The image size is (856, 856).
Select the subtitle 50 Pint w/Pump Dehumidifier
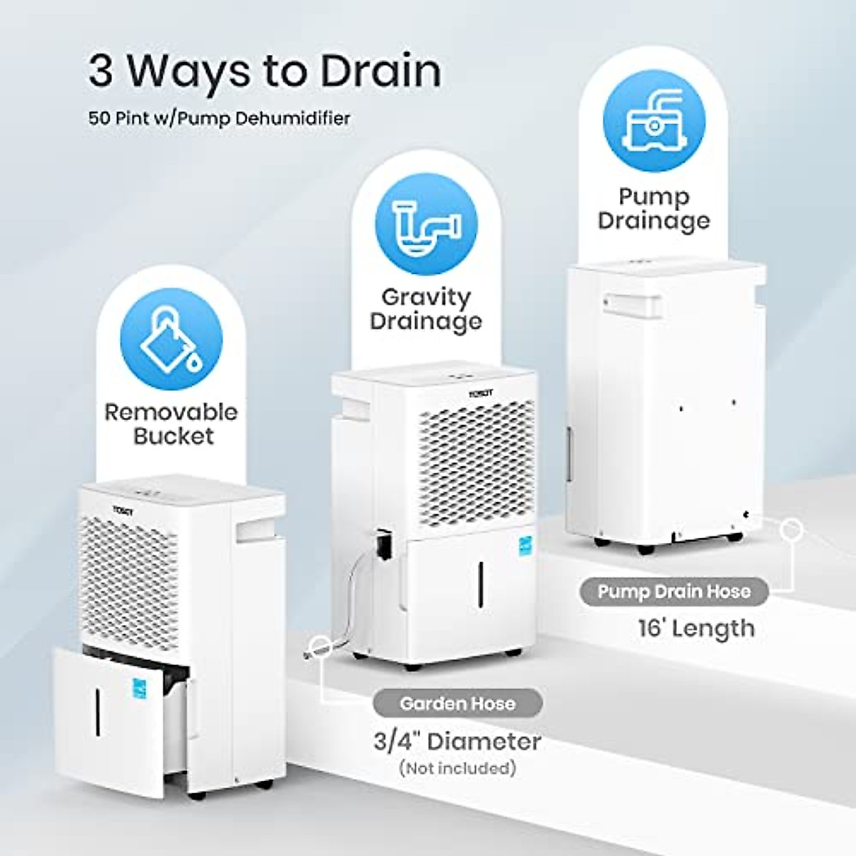(x=220, y=118)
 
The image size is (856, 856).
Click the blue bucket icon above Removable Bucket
(x=171, y=340)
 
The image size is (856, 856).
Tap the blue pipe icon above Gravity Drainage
(x=426, y=225)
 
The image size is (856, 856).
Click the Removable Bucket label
(x=171, y=424)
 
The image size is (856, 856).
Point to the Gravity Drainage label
(x=426, y=309)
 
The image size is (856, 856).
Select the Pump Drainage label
(x=653, y=208)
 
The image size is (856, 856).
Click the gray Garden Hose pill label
(x=457, y=704)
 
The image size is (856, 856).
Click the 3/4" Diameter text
(x=457, y=742)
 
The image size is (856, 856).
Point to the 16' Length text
(x=695, y=628)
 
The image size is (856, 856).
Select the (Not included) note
(x=457, y=768)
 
